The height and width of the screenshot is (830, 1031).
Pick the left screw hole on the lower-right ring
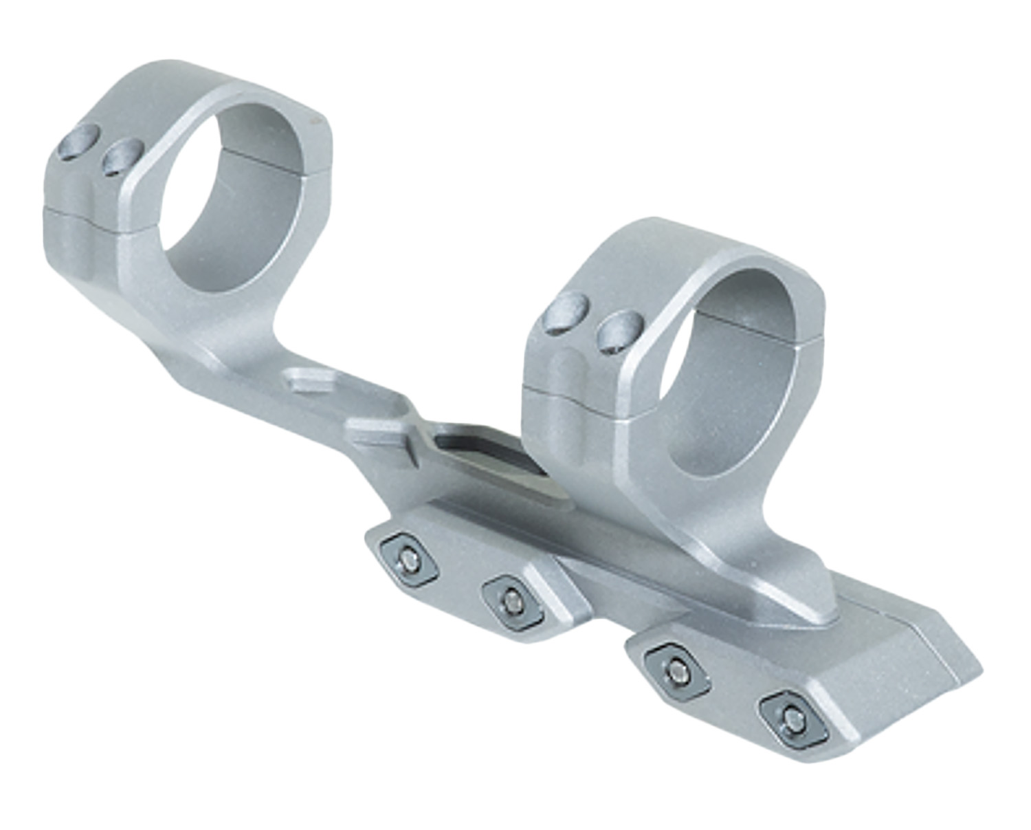[x=565, y=313]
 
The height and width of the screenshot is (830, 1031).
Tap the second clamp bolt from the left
[x=512, y=603]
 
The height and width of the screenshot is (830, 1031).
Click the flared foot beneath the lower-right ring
[x=770, y=585]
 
